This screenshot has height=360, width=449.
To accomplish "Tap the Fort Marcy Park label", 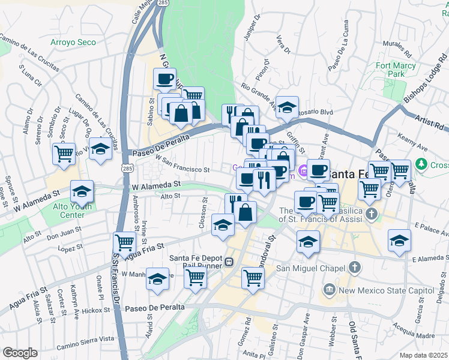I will [391, 69].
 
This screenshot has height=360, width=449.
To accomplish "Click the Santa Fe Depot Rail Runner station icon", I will [229, 262].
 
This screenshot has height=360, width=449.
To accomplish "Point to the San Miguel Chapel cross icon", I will [355, 267].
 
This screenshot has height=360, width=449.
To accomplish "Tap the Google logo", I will [20, 353].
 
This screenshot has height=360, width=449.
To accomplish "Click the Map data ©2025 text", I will [424, 355].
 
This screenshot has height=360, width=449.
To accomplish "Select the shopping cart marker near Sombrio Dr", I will [64, 154].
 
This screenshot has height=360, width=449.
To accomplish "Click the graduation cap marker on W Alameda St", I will [82, 191].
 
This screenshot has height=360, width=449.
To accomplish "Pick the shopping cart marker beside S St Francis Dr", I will [124, 242].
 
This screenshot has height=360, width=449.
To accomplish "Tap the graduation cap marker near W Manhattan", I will [158, 280].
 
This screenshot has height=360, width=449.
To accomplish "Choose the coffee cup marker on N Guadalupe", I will [164, 79].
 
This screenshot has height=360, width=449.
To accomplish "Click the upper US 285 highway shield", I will [163, 3].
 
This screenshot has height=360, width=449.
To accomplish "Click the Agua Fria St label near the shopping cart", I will [143, 251].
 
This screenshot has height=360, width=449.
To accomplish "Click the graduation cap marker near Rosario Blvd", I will [288, 107].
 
